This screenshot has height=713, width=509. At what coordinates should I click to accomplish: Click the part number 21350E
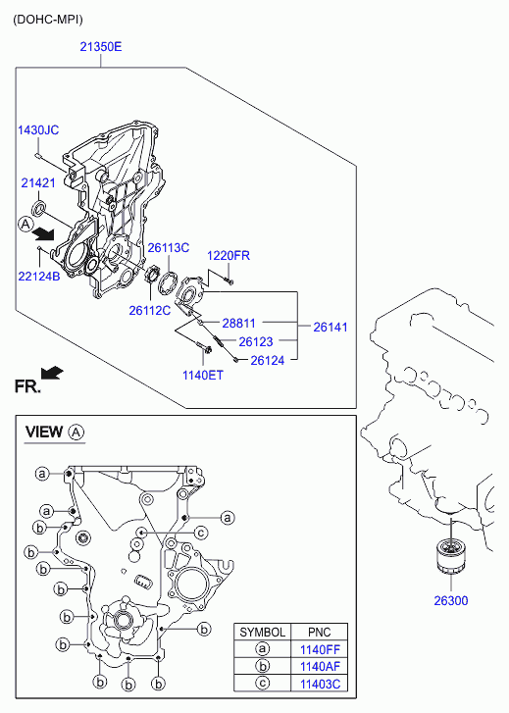coord(101,47)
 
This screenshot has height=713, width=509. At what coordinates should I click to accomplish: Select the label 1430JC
coord(38,130)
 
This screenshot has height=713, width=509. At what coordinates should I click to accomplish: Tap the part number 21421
coord(38,182)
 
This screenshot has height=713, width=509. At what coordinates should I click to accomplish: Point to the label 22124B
coord(39,276)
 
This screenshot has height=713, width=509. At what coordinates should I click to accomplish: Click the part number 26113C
coord(169,248)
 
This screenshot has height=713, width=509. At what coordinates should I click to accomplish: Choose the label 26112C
coord(150,310)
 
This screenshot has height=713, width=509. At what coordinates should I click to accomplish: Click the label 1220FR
coord(229,256)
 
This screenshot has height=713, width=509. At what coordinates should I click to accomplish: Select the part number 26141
coord(331,327)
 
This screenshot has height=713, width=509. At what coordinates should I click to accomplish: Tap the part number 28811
coord(238,324)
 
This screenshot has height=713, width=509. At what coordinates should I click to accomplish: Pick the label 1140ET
coord(203,376)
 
